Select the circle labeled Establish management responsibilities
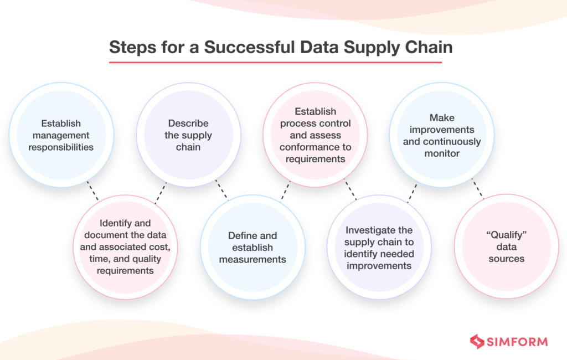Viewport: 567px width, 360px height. tap(61, 135)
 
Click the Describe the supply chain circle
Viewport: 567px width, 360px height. tap(188, 135)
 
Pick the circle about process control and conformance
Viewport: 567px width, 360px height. tap(315, 135)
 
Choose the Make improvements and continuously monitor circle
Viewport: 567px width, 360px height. tap(442, 135)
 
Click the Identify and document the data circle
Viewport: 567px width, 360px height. tap(125, 247)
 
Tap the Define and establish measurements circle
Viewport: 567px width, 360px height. tap(252, 247)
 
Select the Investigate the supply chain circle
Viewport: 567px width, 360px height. tap(379, 247)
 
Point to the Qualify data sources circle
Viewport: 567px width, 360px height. tap(506, 247)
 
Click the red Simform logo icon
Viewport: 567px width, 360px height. tap(477, 341)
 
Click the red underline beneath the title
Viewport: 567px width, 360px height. tap(275, 62)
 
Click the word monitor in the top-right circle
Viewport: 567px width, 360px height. tap(442, 153)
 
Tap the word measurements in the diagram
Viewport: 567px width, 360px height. tap(252, 259)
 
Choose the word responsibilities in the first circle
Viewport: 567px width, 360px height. tap(61, 147)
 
